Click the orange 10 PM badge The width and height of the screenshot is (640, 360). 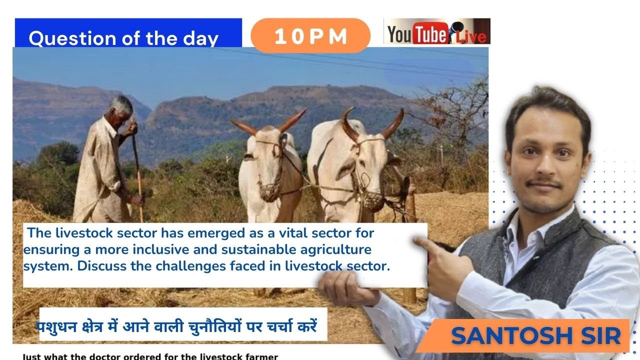pyautogui.click(x=310, y=36)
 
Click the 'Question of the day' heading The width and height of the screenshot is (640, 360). pyautogui.click(x=123, y=38)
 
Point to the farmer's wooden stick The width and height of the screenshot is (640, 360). pyautogui.click(x=137, y=170)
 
